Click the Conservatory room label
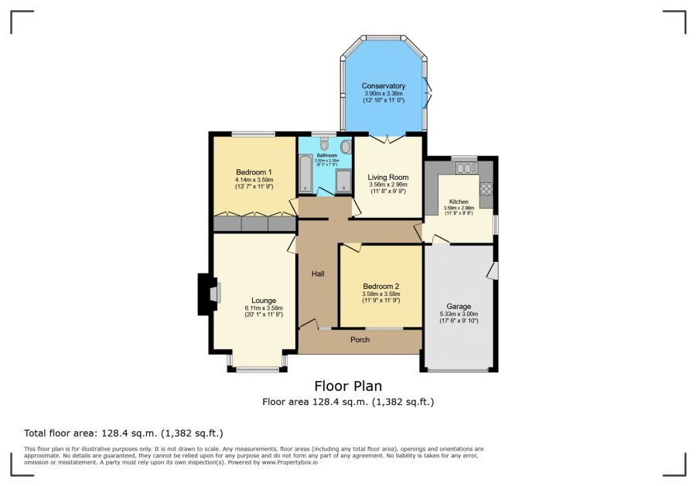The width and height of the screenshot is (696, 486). [x=384, y=86]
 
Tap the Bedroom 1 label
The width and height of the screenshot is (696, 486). [x=254, y=172]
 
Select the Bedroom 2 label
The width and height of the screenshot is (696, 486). [x=380, y=286]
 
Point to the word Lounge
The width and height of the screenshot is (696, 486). [x=263, y=301]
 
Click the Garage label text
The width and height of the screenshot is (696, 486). [x=459, y=307]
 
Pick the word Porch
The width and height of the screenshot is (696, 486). [x=360, y=340]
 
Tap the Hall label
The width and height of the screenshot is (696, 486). [x=318, y=274]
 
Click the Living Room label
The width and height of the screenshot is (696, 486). [x=387, y=177]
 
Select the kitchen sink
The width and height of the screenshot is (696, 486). [x=466, y=168]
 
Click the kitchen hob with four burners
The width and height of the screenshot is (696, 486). [x=486, y=188]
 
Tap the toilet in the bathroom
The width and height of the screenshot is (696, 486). [x=324, y=144]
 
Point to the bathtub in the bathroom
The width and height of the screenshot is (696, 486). [x=305, y=172]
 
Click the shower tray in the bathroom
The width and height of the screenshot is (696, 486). [x=343, y=179]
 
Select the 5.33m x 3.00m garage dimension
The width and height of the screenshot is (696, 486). [x=459, y=314]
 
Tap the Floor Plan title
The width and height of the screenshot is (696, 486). [x=347, y=386]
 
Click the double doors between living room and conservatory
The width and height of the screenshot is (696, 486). [x=387, y=138]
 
